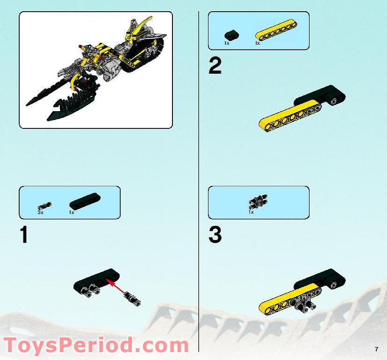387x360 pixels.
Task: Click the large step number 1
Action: click(24, 235)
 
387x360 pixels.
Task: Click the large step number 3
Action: click(215, 235)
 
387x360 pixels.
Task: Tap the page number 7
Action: click(376, 349)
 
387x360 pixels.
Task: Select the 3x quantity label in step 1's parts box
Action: click(40, 212)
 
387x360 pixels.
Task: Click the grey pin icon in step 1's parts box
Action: click(45, 205)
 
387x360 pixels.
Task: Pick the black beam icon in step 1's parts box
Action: click(85, 201)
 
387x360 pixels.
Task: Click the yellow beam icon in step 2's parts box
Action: click(273, 34)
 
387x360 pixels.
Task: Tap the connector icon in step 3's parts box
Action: click(258, 202)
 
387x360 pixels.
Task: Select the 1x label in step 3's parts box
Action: click(251, 212)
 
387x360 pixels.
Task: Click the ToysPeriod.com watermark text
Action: click(96, 346)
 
